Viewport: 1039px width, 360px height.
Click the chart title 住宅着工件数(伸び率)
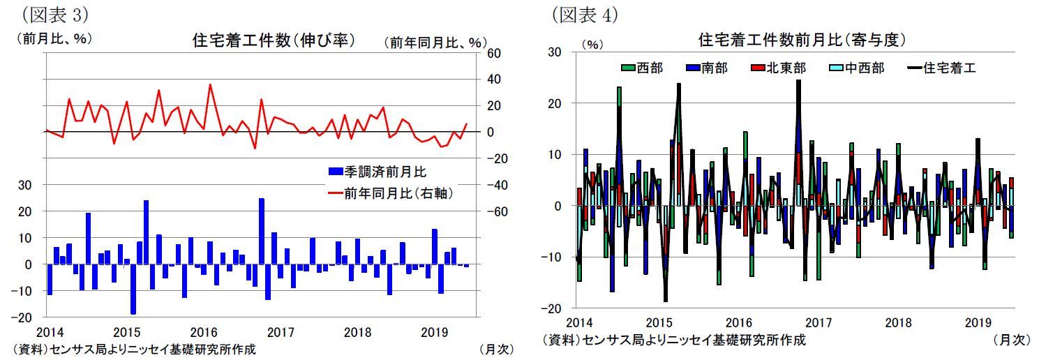point(274,40)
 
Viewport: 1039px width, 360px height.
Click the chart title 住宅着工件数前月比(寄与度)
point(802,40)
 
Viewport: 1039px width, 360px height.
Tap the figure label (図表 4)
point(585,13)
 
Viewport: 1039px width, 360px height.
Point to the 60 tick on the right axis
point(493,53)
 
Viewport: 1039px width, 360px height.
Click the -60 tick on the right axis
point(492,211)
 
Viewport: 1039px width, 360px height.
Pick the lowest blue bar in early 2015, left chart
point(133,289)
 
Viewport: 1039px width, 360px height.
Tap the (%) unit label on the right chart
point(592,44)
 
